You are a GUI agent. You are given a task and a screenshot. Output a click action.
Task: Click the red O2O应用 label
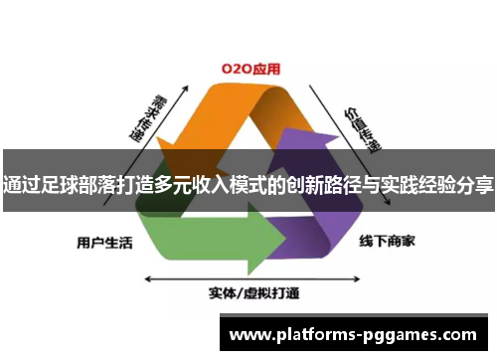(x=249, y=70)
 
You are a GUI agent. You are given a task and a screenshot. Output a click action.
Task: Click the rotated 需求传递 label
(x=143, y=118)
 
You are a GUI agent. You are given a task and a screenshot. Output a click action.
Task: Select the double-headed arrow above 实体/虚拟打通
(x=252, y=275)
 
